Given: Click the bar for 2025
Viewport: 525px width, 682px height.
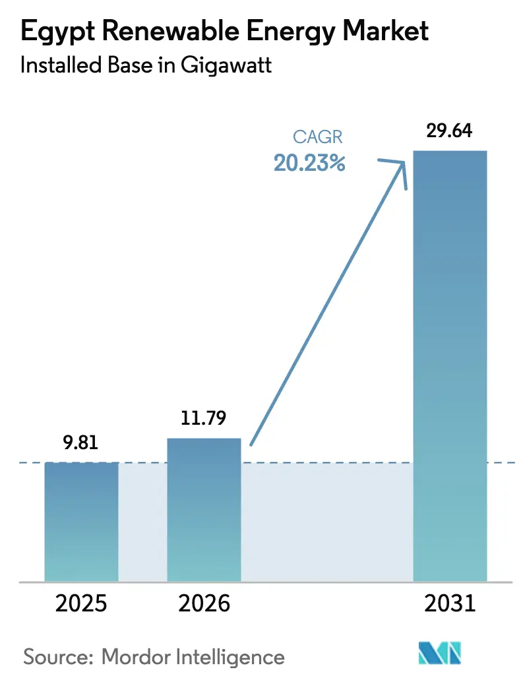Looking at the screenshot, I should [81, 521].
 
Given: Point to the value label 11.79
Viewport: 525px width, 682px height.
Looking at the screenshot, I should [204, 419].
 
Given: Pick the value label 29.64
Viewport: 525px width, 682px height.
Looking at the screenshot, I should [450, 131].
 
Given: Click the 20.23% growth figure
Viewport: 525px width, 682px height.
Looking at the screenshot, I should [310, 163].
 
